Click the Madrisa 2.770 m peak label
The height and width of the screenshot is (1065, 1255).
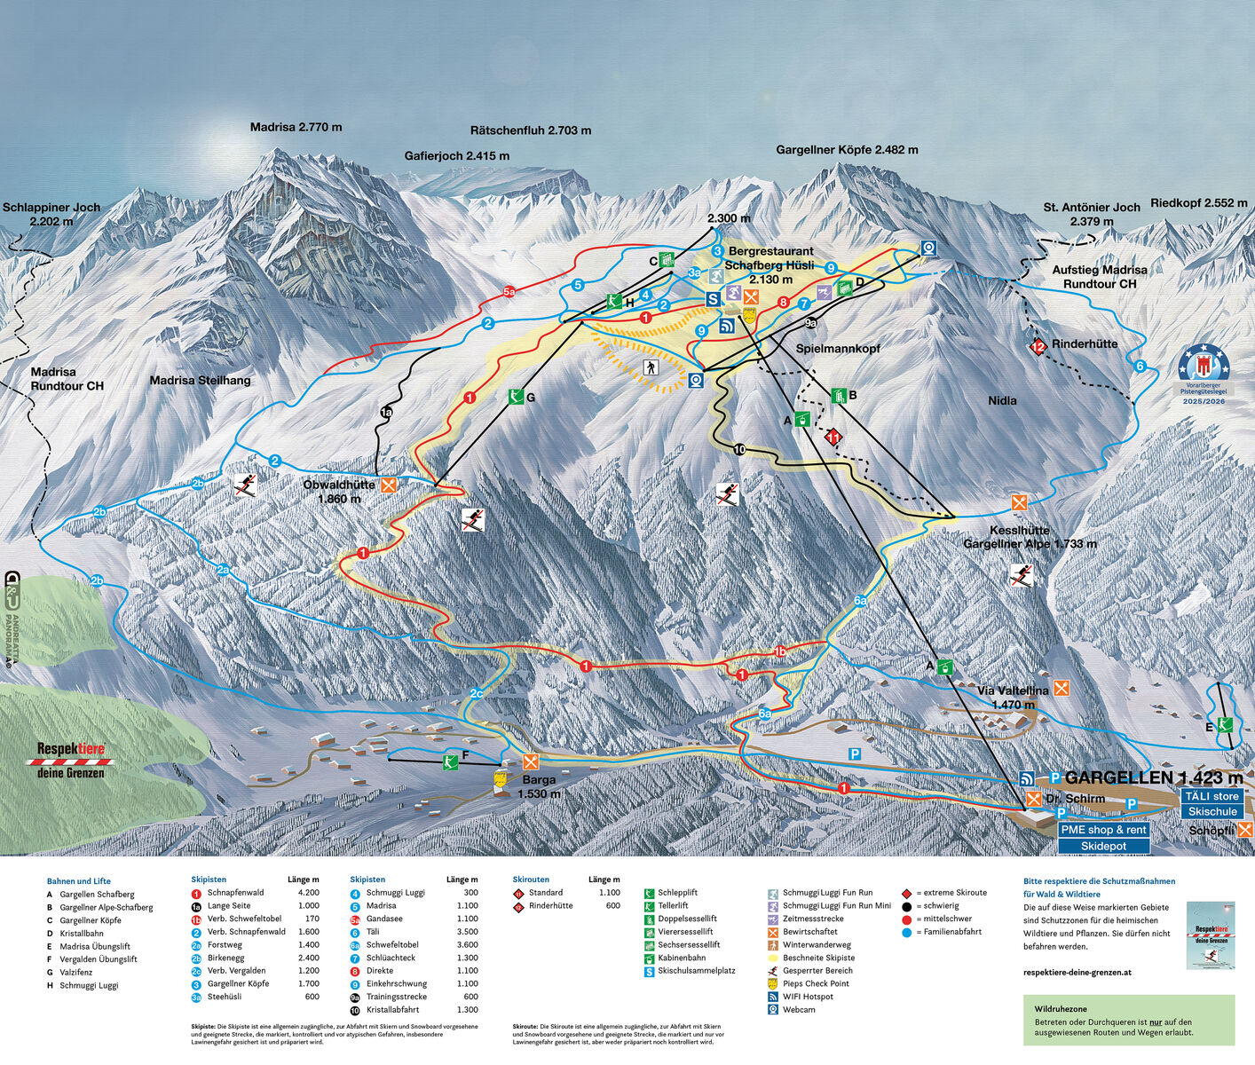tap(296, 127)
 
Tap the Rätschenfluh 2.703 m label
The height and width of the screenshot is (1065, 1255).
tap(530, 130)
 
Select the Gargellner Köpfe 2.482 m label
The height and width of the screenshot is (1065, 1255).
tap(847, 150)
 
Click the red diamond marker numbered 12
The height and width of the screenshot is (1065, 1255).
tap(1038, 346)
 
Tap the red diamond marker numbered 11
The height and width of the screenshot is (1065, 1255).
tap(833, 437)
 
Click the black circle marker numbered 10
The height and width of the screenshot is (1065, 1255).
tap(739, 450)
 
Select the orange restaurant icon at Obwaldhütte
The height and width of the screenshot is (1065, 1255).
tap(388, 485)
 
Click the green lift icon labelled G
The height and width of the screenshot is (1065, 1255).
tap(516, 397)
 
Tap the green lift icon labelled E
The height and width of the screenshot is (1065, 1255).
tap(1225, 724)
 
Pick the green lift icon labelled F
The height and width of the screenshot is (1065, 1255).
tap(451, 761)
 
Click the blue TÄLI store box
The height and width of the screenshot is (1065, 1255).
tap(1212, 796)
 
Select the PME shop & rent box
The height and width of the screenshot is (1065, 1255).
tap(1103, 830)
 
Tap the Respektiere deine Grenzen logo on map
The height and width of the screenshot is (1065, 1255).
tap(70, 761)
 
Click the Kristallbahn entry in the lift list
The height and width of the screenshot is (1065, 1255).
tap(82, 934)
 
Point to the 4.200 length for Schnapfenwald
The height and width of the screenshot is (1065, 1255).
tap(308, 893)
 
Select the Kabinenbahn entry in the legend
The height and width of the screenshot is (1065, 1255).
tap(681, 958)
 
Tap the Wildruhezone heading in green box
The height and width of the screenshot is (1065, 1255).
tap(1060, 1009)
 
